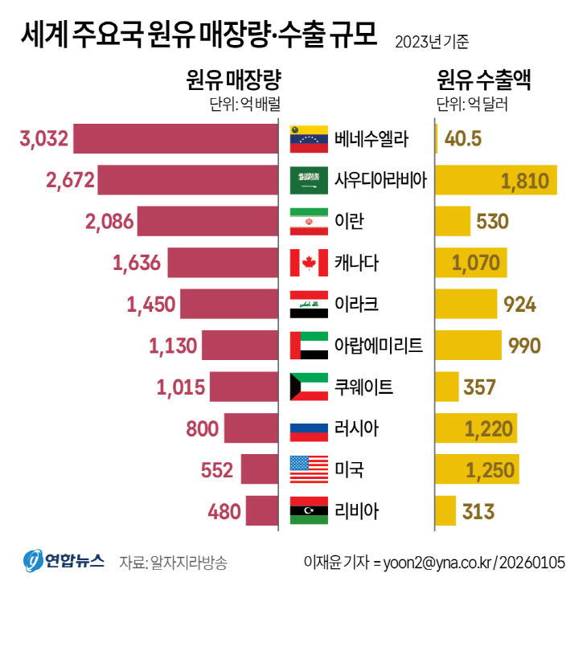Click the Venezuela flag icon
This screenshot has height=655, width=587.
309,139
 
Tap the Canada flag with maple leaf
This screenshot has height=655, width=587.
309,262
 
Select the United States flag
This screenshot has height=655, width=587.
309,469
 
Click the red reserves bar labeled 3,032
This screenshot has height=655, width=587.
175,139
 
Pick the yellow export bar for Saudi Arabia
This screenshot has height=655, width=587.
496,180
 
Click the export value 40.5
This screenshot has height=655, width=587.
462,139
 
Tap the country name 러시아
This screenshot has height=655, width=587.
357,428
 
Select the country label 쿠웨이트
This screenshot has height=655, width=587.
364,387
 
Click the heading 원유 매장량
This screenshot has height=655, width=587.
234,80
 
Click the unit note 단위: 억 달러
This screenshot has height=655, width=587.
472,104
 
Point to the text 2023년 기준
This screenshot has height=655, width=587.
432,41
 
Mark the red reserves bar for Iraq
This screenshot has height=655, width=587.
228,304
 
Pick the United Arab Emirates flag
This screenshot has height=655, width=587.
309,345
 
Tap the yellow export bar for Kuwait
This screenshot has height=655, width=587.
447,387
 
